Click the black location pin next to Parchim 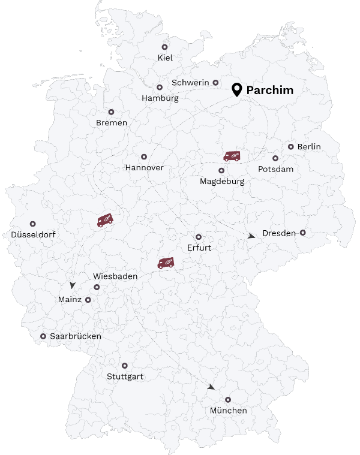point(237,90)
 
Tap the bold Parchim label point(270,91)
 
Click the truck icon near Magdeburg point(232,156)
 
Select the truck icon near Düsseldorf point(106,220)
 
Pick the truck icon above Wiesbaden point(166,263)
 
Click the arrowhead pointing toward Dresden point(251,237)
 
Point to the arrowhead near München point(211,387)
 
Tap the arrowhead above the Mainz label point(73,285)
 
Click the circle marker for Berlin point(291,146)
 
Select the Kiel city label point(164,58)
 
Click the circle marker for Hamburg point(160,87)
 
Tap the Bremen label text point(112,123)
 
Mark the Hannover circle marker point(144,156)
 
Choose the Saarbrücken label point(75,336)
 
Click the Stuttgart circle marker point(125,366)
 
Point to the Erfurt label point(199,247)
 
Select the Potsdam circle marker point(275,158)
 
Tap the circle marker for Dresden point(303,233)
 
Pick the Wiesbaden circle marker point(97,287)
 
